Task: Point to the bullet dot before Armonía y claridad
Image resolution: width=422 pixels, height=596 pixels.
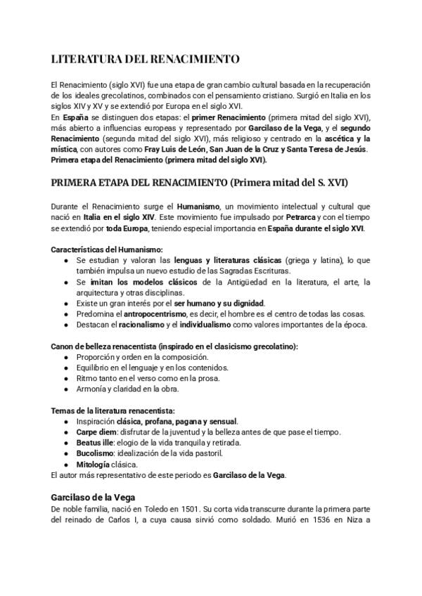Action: coord(65,389)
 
